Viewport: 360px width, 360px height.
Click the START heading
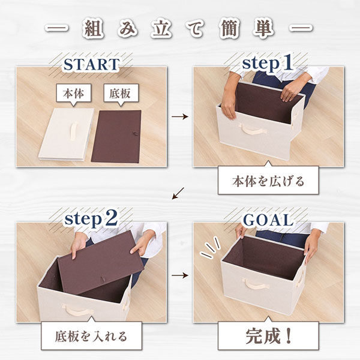91,63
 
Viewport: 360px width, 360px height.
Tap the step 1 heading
267,62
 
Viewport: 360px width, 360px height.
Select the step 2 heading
91,220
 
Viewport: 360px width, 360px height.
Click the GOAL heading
268,220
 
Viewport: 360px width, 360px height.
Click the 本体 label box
73,94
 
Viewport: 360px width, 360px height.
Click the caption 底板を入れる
92,335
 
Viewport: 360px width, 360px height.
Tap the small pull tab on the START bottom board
135,135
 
